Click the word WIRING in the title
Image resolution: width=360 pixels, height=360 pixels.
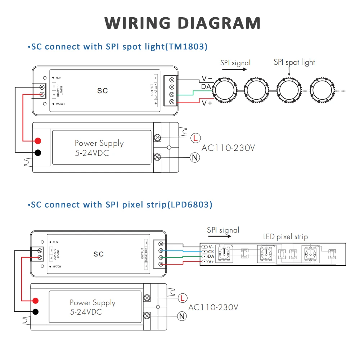coord(137,23)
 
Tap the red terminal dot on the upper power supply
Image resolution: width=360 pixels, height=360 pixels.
coord(38,141)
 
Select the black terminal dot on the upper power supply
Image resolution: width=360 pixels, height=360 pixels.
coord(38,152)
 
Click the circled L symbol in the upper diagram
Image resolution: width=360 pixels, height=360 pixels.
coord(195,138)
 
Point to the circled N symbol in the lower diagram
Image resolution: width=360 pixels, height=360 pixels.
coord(182,316)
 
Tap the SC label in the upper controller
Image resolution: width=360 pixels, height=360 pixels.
coord(102,91)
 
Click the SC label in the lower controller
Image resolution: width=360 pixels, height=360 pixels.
coord(99,254)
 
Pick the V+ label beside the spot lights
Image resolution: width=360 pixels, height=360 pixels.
coord(207,103)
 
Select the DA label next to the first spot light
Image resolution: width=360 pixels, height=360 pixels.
coord(206,86)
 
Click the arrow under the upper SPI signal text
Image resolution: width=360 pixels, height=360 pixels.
coord(234,69)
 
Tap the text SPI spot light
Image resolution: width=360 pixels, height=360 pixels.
coord(294,62)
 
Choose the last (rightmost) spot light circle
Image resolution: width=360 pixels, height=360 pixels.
coord(322,90)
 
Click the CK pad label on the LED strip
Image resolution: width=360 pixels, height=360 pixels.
coord(211,252)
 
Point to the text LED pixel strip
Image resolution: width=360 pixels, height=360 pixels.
coord(285,237)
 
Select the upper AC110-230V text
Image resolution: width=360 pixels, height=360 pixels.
coord(228,148)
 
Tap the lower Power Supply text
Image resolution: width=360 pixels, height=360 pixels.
coord(93,303)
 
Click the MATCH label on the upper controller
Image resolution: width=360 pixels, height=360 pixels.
coord(60,104)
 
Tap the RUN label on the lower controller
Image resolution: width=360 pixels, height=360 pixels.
coord(55,242)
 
